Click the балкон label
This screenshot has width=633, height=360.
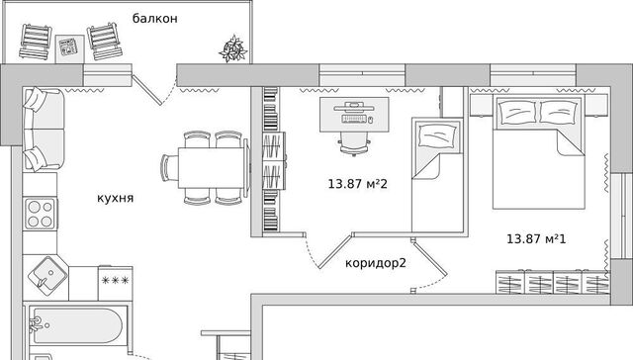[x=155, y=19]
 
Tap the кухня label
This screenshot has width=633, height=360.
[x=115, y=198]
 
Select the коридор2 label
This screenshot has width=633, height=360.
[x=376, y=263]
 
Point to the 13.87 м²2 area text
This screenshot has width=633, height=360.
[x=358, y=184]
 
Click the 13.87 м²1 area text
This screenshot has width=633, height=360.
[x=536, y=239]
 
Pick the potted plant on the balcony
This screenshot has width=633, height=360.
[x=233, y=48]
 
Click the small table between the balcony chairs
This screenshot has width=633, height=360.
[x=70, y=48]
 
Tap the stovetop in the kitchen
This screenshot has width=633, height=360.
[x=41, y=214]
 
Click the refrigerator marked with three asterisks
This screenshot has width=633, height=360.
[x=116, y=283]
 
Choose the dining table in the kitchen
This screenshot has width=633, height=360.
[x=211, y=167]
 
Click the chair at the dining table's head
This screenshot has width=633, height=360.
[x=169, y=167]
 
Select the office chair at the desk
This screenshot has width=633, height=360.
[x=355, y=143]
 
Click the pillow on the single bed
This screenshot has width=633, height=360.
[x=438, y=135]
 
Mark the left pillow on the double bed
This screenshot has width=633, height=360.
[x=517, y=111]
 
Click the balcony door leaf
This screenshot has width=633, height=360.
[x=147, y=90]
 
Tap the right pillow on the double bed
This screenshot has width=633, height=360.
[x=559, y=112]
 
